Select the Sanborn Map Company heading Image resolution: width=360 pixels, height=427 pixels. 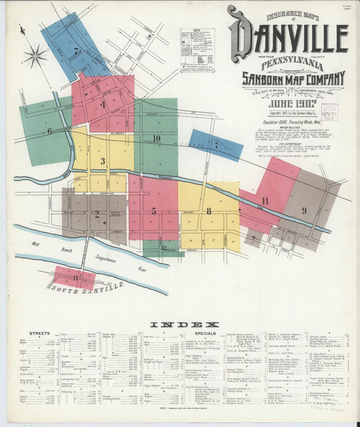294,78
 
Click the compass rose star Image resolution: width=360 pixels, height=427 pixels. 35,54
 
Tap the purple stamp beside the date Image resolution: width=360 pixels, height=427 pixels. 329,111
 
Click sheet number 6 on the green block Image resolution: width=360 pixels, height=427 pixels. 49,131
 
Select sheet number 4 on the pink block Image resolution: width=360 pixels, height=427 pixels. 103,104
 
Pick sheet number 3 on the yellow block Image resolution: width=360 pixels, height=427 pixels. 103,161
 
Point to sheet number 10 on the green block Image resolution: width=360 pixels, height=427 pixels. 156,139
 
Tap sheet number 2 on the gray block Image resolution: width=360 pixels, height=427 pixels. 97,214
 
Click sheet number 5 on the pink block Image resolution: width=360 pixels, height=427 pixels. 153,211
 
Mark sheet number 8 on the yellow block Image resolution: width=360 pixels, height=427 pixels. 209,211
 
